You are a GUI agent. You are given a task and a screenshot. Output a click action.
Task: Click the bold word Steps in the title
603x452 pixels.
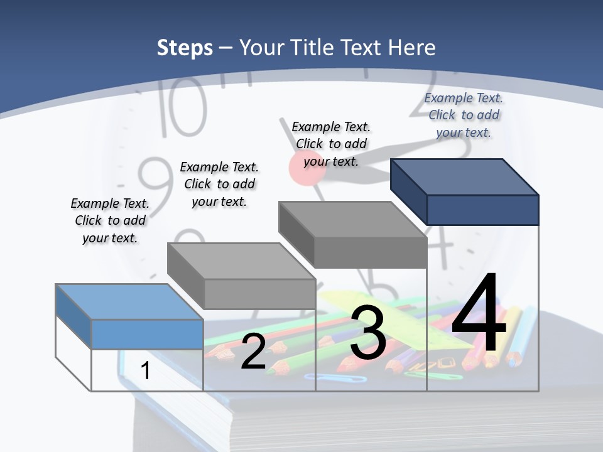[x=185, y=48]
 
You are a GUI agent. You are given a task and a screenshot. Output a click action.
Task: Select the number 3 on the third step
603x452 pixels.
[x=368, y=333]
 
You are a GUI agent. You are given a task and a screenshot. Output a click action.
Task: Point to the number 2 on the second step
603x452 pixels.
[x=253, y=352]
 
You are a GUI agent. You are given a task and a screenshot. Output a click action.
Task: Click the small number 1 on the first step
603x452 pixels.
[x=145, y=371]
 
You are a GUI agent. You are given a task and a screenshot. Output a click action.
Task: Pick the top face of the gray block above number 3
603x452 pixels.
[x=352, y=219]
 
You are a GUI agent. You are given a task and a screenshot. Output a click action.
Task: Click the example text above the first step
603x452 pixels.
[x=110, y=220]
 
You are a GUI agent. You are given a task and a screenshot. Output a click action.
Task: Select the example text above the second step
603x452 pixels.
[x=219, y=184]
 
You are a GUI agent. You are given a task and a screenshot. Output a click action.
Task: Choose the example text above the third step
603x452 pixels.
[x=331, y=144]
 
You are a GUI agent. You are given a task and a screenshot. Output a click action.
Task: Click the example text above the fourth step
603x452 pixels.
[x=464, y=115]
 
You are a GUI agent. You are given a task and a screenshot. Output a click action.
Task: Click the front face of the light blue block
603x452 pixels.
[x=147, y=334]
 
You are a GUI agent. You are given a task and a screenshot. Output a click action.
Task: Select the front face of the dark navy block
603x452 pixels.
[x=482, y=210]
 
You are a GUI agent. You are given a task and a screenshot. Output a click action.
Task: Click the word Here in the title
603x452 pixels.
[x=411, y=48]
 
